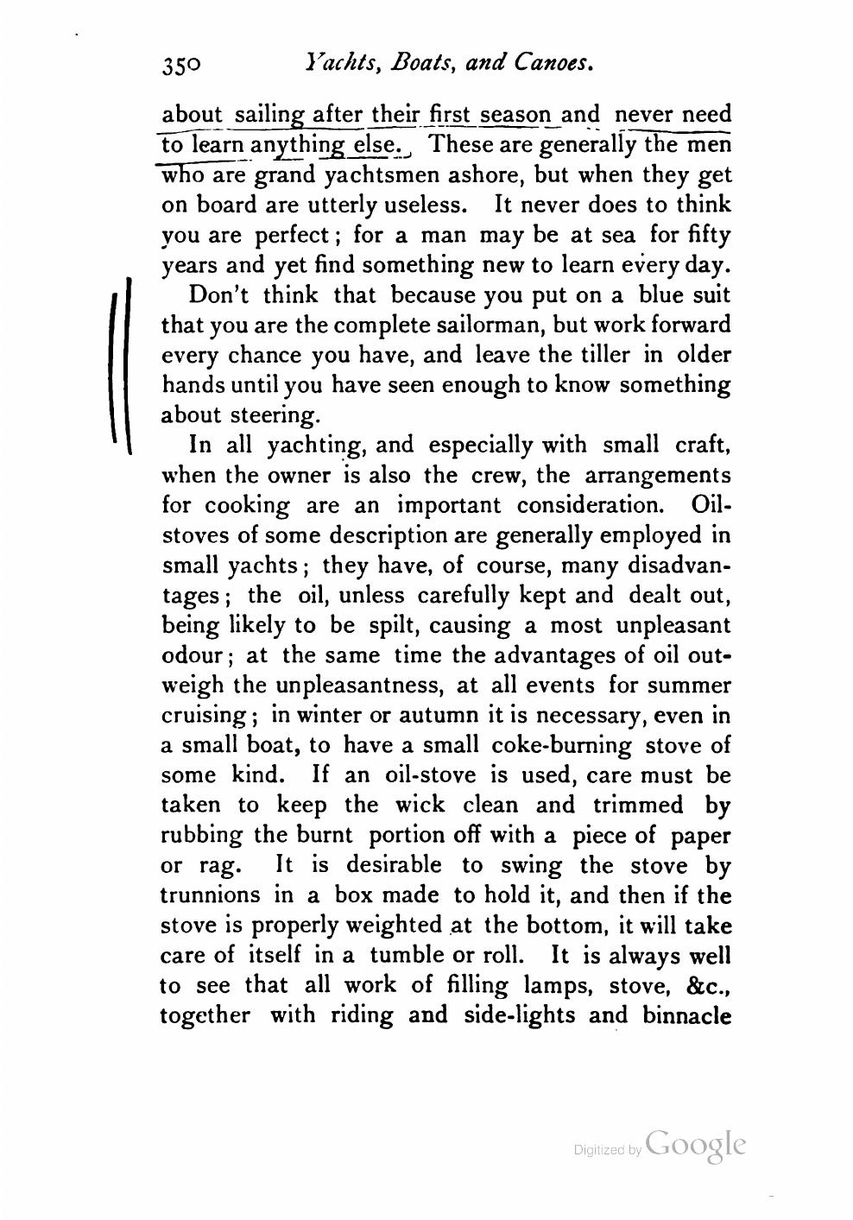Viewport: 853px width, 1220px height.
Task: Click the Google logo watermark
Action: click(x=694, y=1145)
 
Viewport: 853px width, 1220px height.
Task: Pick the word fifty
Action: click(x=708, y=235)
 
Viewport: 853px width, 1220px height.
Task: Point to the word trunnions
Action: click(x=211, y=895)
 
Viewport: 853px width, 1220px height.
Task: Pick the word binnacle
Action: click(x=687, y=1015)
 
